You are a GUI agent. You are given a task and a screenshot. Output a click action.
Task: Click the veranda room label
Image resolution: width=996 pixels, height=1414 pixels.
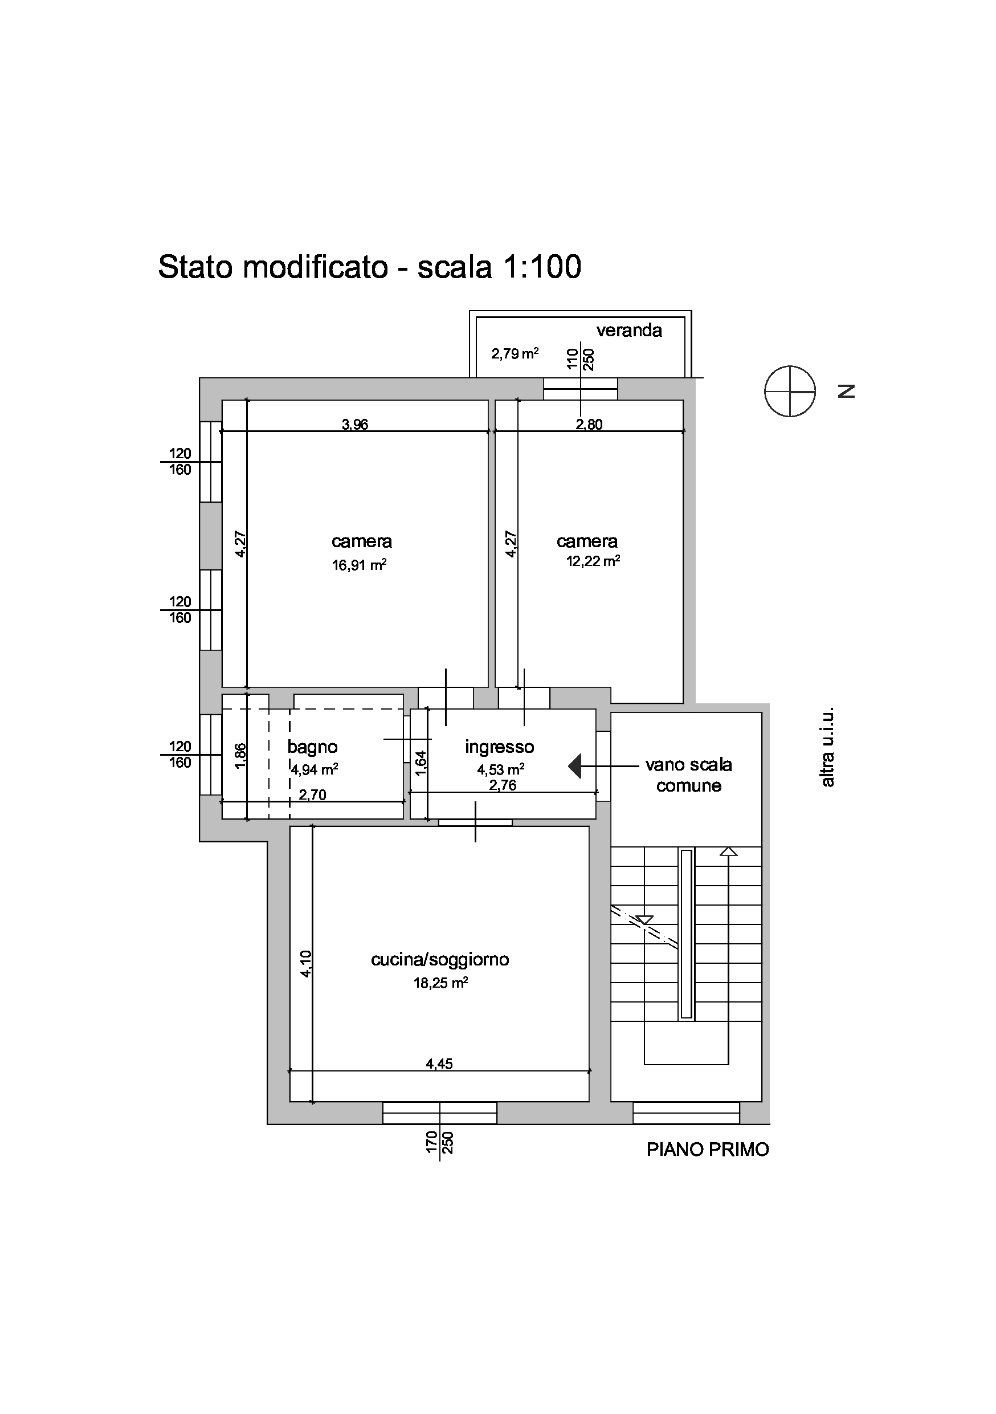click(629, 331)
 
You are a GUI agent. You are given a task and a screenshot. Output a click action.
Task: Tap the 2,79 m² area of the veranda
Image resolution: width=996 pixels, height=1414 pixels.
click(515, 353)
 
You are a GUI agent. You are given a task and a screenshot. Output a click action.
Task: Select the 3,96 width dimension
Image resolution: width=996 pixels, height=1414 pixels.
click(355, 425)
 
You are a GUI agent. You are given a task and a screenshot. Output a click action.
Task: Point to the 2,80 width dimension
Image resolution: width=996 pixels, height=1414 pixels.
click(589, 425)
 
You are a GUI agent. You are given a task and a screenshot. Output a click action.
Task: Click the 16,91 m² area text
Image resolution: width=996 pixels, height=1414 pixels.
click(360, 564)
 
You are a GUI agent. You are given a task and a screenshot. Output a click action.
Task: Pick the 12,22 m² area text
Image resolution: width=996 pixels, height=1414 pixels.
click(593, 560)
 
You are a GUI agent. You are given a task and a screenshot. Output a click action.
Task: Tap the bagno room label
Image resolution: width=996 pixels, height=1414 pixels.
click(313, 747)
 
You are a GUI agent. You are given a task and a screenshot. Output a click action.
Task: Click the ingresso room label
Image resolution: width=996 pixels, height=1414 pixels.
click(499, 747)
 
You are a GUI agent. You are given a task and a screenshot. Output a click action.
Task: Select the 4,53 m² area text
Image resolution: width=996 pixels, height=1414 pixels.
click(500, 769)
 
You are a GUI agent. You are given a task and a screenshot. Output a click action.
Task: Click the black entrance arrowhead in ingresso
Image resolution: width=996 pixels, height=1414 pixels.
click(575, 766)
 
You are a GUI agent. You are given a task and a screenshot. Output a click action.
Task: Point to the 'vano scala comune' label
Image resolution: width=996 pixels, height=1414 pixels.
click(689, 775)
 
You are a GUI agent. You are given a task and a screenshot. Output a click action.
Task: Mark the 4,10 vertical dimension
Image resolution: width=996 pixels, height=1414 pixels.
click(307, 964)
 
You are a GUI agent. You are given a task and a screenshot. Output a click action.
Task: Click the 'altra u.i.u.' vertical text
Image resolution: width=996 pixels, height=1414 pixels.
click(827, 747)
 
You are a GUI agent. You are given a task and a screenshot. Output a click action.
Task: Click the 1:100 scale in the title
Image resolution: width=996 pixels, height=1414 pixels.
click(542, 267)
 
